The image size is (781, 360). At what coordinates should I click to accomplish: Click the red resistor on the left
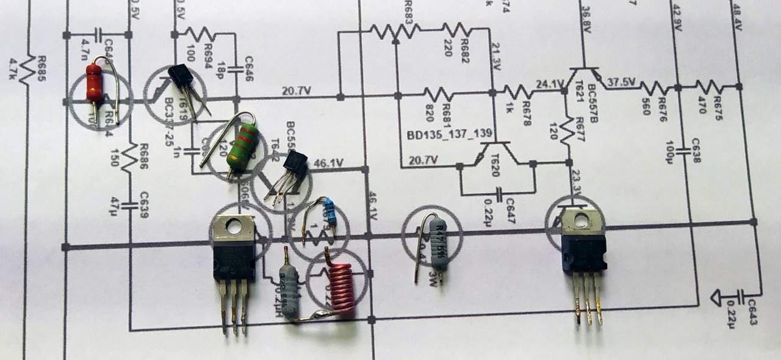[94, 83]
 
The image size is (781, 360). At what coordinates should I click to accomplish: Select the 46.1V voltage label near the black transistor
[329, 164]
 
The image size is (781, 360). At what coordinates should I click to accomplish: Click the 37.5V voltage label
[623, 81]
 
